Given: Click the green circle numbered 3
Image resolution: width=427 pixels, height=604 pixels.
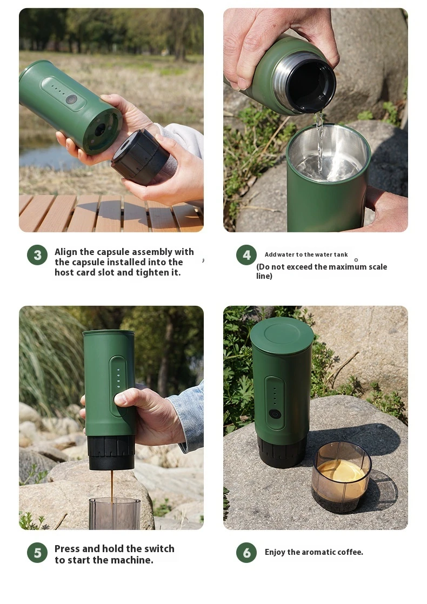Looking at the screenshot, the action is tap(37, 255).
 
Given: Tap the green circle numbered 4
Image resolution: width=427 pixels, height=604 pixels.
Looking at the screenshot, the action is tap(246, 255).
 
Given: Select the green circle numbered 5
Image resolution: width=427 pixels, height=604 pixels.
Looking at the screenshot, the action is tap(37, 553).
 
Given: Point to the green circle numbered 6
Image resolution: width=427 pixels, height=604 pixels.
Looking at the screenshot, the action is tap(246, 553).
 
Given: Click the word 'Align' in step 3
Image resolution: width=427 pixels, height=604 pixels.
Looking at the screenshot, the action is tap(66, 252).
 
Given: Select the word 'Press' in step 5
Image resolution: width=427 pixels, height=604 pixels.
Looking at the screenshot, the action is tap(67, 549).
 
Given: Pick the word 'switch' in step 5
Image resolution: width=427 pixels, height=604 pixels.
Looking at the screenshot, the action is tap(159, 549).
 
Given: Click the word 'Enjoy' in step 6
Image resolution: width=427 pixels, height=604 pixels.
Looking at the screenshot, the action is tap(275, 552).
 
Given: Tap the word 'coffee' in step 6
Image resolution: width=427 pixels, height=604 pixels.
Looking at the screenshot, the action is tap(350, 552).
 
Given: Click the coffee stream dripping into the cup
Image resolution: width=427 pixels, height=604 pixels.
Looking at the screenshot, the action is tap(112, 485).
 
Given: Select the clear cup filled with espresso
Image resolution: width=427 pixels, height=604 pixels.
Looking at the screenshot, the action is tap(341, 477).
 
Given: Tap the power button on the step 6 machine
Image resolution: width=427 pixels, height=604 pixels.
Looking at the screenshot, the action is tap(275, 414).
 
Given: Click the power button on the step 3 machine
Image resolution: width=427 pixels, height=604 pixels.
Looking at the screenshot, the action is tap(71, 99).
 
